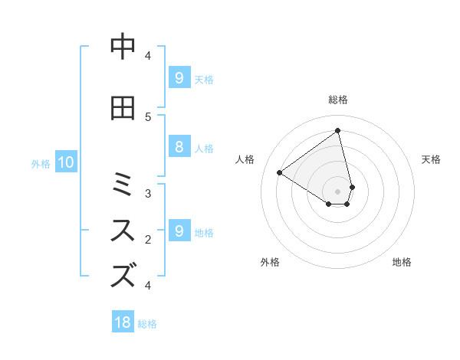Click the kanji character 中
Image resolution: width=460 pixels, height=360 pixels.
pyautogui.click(x=123, y=48)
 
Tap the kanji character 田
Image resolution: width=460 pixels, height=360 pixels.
pyautogui.click(x=123, y=109)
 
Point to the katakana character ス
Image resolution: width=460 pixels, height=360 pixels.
pyautogui.click(x=123, y=230)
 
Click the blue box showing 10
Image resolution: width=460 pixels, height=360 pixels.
pyautogui.click(x=65, y=162)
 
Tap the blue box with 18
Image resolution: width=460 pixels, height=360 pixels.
pyautogui.click(x=123, y=322)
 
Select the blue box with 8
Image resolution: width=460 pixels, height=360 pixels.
pyautogui.click(x=179, y=148)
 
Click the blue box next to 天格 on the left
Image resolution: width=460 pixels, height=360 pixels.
pyautogui.click(x=179, y=78)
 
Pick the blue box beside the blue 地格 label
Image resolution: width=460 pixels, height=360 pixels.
pyautogui.click(x=179, y=231)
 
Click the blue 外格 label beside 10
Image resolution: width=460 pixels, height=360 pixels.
pyautogui.click(x=41, y=163)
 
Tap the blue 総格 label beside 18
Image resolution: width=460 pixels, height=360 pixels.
pyautogui.click(x=147, y=324)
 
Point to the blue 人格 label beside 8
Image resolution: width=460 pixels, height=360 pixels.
pyautogui.click(x=204, y=149)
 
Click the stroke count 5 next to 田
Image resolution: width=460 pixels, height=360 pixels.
pyautogui.click(x=148, y=116)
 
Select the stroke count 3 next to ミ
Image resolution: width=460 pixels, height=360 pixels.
pyautogui.click(x=148, y=194)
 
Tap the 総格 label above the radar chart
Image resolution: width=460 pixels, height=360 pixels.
pyautogui.click(x=338, y=100)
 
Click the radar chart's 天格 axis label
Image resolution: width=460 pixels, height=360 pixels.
pyautogui.click(x=432, y=159)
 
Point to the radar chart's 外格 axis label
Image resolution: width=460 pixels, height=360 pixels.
pyautogui.click(x=270, y=262)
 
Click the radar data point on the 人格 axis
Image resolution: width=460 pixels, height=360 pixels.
pyautogui.click(x=280, y=172)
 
